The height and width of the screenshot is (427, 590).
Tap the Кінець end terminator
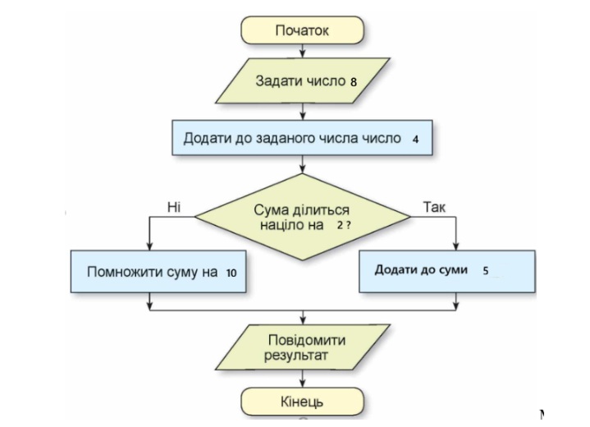(304, 402)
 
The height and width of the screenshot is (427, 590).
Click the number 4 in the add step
(416, 139)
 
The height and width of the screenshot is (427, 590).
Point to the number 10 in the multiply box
(231, 272)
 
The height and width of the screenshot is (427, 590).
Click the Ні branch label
(174, 207)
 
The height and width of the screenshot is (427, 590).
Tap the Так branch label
(434, 207)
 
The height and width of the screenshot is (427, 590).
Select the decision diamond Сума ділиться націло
(303, 218)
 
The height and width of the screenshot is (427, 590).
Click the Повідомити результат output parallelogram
(303, 348)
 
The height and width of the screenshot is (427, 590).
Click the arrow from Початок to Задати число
(304, 53)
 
